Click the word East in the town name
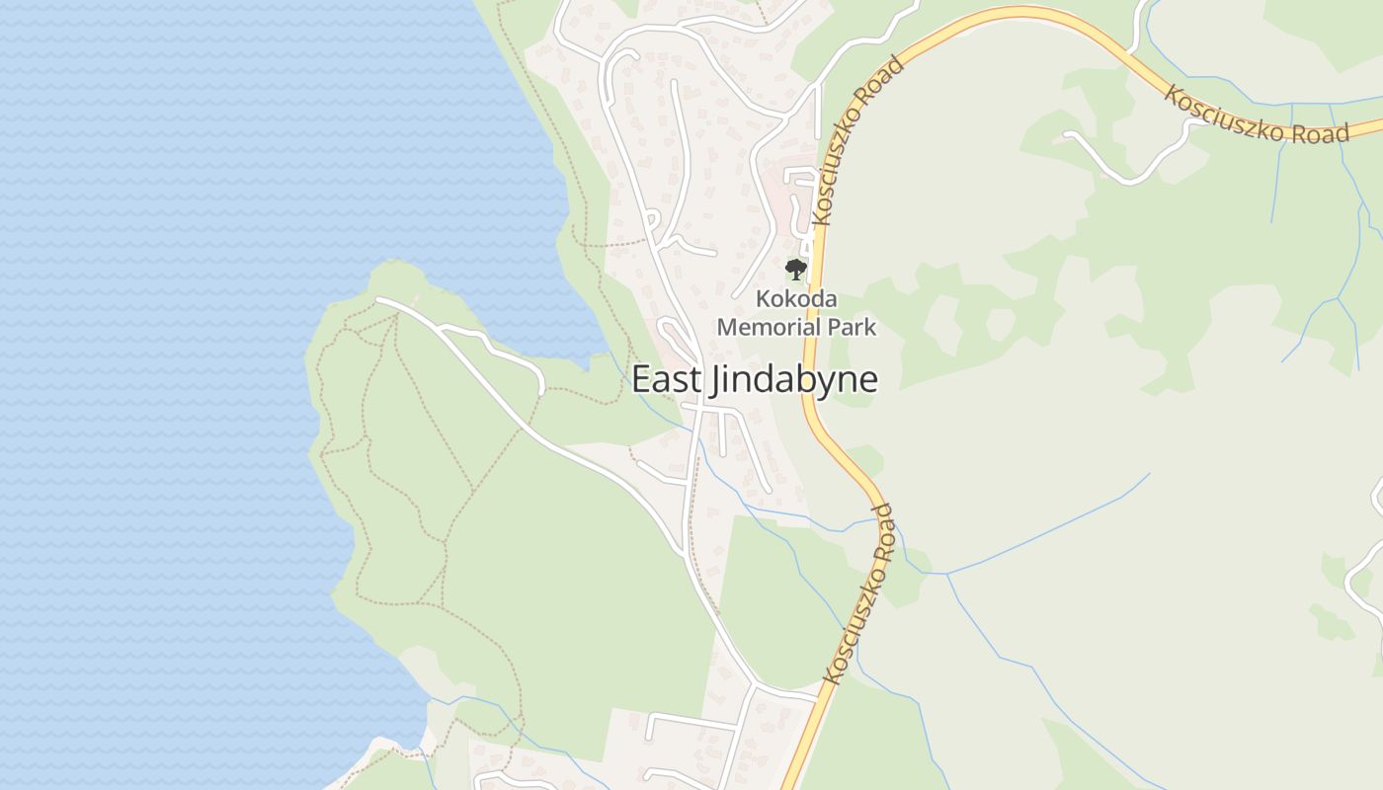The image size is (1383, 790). pos(664,380)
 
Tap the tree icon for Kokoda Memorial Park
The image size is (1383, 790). pos(795,269)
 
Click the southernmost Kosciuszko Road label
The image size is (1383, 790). pos(859,594)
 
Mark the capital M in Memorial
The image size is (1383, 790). pos(727,327)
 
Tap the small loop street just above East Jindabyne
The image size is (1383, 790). pos(675,336)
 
